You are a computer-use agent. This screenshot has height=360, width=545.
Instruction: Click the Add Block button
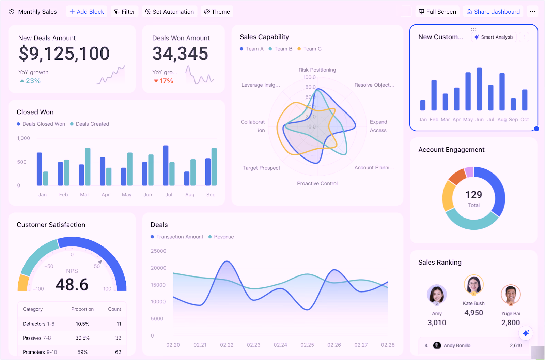tap(87, 12)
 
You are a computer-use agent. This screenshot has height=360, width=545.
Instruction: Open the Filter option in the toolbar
tap(124, 12)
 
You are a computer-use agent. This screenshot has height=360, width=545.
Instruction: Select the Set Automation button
tap(169, 12)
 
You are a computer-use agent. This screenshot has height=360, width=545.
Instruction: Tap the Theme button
tap(217, 12)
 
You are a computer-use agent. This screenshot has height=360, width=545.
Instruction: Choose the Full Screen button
tap(437, 12)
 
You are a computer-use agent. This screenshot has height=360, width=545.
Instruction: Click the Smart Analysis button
tap(494, 37)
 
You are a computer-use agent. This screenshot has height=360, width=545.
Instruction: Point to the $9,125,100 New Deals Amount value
tap(64, 54)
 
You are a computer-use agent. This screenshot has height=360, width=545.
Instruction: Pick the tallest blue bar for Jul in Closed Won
tap(166, 165)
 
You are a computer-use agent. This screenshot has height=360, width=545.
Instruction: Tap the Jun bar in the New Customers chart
tap(479, 89)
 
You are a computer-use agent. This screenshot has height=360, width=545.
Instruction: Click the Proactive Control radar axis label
tap(317, 183)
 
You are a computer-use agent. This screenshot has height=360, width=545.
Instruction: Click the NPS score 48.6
tap(72, 285)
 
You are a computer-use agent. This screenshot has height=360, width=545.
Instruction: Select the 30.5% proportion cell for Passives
tap(82, 338)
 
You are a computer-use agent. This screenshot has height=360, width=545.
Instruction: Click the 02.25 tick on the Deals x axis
tap(307, 345)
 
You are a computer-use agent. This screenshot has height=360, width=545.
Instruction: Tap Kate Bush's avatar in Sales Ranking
tap(473, 284)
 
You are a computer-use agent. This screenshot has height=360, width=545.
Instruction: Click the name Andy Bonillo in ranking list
tap(457, 346)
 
